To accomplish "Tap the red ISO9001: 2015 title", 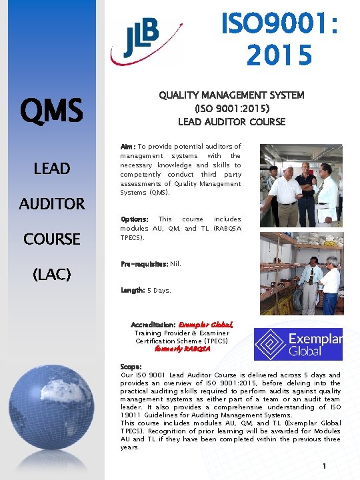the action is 279,39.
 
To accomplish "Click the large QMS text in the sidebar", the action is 51,109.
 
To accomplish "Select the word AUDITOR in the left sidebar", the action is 52,203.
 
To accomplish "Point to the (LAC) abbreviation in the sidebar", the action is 52,273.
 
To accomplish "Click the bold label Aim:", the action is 128,146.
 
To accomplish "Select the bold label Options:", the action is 135,219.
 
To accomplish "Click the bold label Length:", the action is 132,291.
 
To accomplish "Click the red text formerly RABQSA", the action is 182,348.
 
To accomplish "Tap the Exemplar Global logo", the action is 297,344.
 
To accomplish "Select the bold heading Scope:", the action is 131,367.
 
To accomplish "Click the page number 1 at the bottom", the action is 323,466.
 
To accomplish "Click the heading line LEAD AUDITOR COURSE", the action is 231,121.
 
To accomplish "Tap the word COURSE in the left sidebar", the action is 52,239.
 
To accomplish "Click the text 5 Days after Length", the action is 159,291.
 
